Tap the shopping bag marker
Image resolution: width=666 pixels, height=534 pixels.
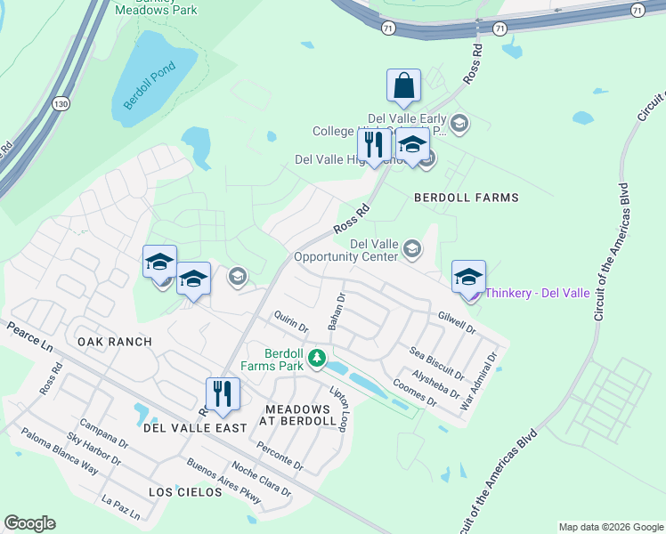pyautogui.click(x=403, y=86)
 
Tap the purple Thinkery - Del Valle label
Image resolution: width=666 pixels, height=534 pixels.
pyautogui.click(x=536, y=293)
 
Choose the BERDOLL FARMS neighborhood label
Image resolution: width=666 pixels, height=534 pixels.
pyautogui.click(x=466, y=197)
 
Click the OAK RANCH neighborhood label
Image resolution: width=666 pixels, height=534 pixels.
pyautogui.click(x=115, y=342)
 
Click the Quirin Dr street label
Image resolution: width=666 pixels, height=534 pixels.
pyautogui.click(x=291, y=320)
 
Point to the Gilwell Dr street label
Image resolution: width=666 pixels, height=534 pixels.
pyautogui.click(x=458, y=322)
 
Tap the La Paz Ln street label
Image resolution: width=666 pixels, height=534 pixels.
pyautogui.click(x=121, y=509)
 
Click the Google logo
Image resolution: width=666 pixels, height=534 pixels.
pyautogui.click(x=30, y=523)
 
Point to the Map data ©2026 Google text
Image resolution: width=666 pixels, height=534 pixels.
pyautogui.click(x=610, y=527)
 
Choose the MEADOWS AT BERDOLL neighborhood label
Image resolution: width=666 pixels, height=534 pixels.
pyautogui.click(x=297, y=416)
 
